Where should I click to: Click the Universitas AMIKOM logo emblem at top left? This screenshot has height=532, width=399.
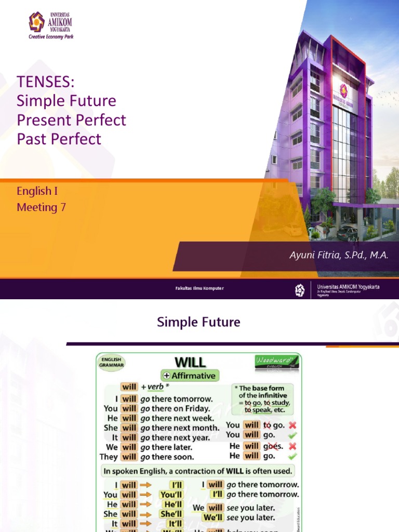coord(36,22)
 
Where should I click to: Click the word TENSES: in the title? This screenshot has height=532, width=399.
coord(46,82)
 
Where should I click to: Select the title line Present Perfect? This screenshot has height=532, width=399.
coord(71,119)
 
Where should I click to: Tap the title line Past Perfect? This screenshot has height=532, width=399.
coord(59,139)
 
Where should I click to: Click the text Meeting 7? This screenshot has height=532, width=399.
coord(41,207)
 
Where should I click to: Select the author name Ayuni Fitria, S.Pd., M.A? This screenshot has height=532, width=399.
coord(339,255)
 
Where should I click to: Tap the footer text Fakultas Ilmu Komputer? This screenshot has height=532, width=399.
coord(199,288)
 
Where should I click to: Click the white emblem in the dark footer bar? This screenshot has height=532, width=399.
coord(300,290)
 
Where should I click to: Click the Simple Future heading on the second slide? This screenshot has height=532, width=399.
coord(198,322)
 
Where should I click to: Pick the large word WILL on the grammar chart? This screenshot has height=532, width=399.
coord(190,362)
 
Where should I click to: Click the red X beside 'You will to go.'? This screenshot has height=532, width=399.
coord(292,425)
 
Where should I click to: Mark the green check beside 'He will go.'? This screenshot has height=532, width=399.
coord(292,456)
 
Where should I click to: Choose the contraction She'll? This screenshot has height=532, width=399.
coord(171,514)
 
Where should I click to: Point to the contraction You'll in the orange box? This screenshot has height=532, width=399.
coord(171,495)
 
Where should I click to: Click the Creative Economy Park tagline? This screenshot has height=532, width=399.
coord(51,37)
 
